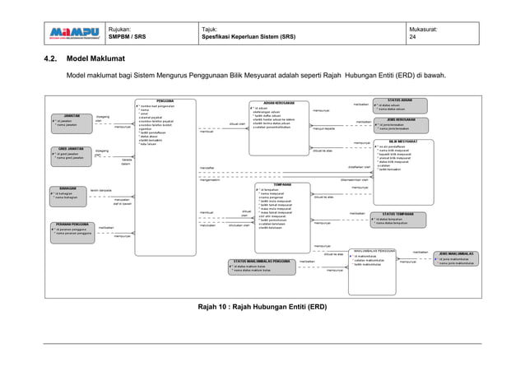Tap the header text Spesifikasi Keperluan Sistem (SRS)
point(249,37)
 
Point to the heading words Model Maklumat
point(95,59)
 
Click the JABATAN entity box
point(70,122)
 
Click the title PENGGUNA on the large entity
point(165,101)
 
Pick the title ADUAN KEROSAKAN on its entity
point(280,104)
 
